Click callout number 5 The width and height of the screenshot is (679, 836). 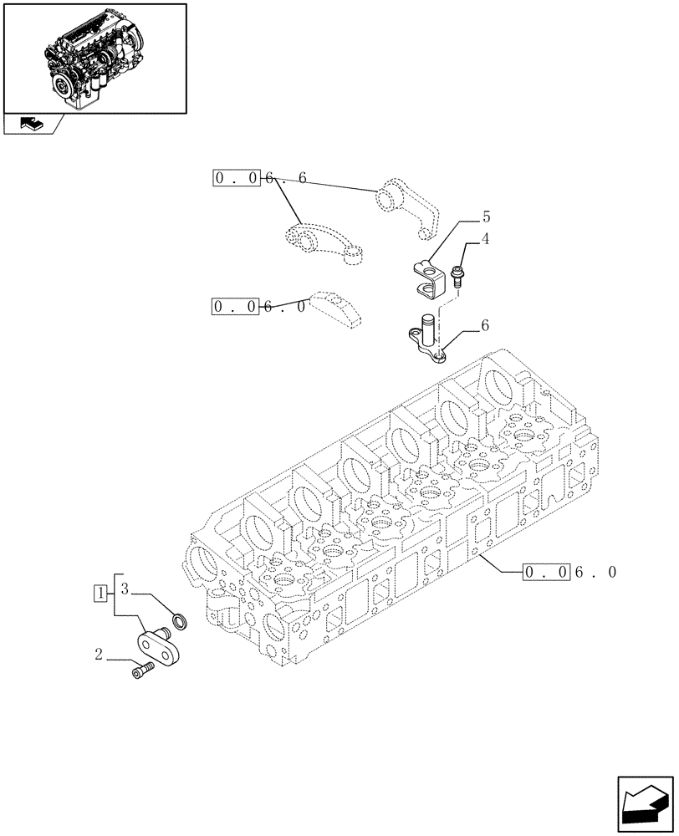pyautogui.click(x=485, y=217)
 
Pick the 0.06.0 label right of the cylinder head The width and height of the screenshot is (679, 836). pyautogui.click(x=569, y=573)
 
